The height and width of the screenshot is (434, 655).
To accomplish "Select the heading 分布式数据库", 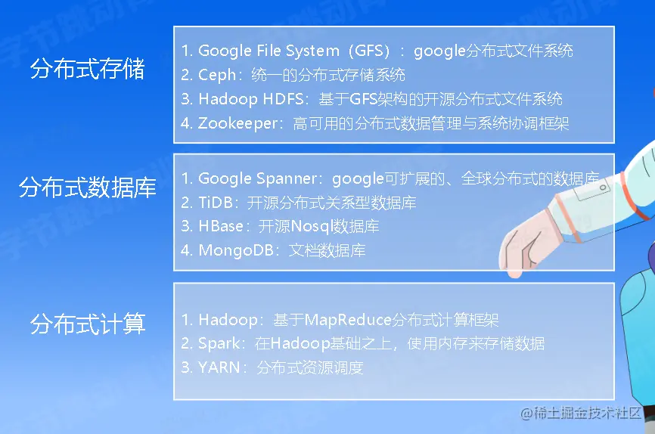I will (x=87, y=188).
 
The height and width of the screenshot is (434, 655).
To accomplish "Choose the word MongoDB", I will (x=236, y=250).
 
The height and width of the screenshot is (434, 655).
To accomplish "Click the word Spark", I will (x=219, y=344).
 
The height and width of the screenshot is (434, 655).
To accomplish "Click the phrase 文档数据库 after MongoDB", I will (x=327, y=250).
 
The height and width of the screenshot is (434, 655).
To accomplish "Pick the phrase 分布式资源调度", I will (x=310, y=367).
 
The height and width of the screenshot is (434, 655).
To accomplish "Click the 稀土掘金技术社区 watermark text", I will (x=580, y=413).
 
